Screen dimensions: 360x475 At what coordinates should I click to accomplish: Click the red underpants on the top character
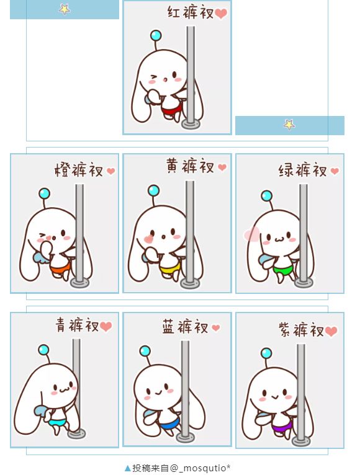(172, 109)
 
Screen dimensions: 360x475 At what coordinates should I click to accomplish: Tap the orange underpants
(61, 268)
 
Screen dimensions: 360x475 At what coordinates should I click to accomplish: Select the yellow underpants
(170, 267)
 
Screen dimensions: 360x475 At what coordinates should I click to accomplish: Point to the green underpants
(284, 269)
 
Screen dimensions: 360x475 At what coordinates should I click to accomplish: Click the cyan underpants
(57, 422)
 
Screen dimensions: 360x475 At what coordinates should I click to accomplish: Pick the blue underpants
(169, 423)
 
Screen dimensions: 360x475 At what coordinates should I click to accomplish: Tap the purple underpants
(282, 427)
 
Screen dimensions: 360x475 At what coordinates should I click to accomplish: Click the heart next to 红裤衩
(221, 13)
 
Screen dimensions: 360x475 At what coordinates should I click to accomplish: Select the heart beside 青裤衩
(106, 326)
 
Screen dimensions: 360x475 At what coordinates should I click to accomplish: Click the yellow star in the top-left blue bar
(65, 9)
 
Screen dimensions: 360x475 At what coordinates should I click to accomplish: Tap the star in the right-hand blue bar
(289, 124)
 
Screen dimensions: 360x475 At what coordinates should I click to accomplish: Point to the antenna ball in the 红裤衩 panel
(156, 35)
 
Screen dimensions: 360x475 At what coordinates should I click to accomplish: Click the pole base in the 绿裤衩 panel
(304, 283)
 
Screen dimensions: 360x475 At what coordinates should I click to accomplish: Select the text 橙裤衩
(79, 170)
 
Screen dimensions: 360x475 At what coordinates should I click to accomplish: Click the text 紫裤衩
(301, 329)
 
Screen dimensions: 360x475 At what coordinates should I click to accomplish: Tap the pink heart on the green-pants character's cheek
(251, 234)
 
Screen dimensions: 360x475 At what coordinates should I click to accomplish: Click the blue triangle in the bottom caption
(128, 468)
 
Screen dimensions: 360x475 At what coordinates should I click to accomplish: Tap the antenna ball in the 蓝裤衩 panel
(145, 351)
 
